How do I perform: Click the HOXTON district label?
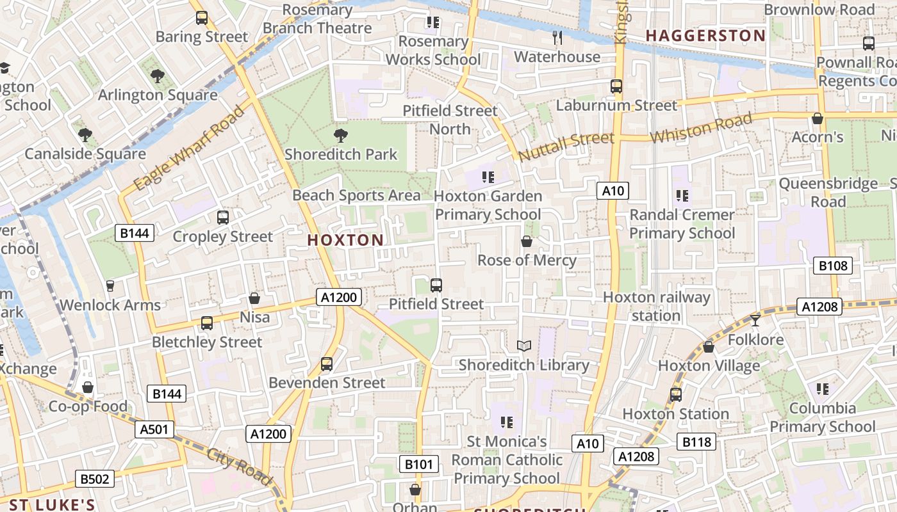pos(345,241)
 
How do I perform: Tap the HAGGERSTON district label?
pos(705,36)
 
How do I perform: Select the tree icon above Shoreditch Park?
pos(341,135)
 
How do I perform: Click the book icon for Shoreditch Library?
pos(524,346)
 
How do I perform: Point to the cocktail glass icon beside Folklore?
pos(755,320)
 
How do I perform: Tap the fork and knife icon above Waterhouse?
pos(557,38)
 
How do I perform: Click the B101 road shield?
pos(419,464)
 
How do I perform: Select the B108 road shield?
pos(833,266)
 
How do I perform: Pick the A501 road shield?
pos(154,429)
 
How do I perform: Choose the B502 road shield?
pos(95,479)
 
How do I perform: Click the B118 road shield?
pos(696,442)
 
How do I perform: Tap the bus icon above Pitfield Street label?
pos(436,285)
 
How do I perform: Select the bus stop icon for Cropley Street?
pos(223,218)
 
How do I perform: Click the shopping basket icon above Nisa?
pos(254,299)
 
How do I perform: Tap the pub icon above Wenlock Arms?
pos(110,286)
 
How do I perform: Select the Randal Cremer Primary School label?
pos(682,224)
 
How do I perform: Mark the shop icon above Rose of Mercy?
pos(527,242)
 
